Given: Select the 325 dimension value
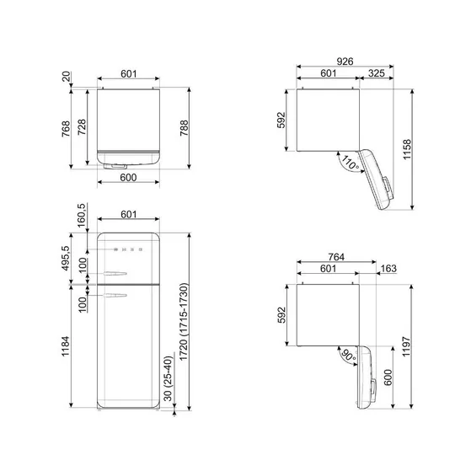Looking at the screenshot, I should (x=377, y=74).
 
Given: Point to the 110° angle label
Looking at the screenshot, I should (x=349, y=161).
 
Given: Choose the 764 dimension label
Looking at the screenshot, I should (x=335, y=257).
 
